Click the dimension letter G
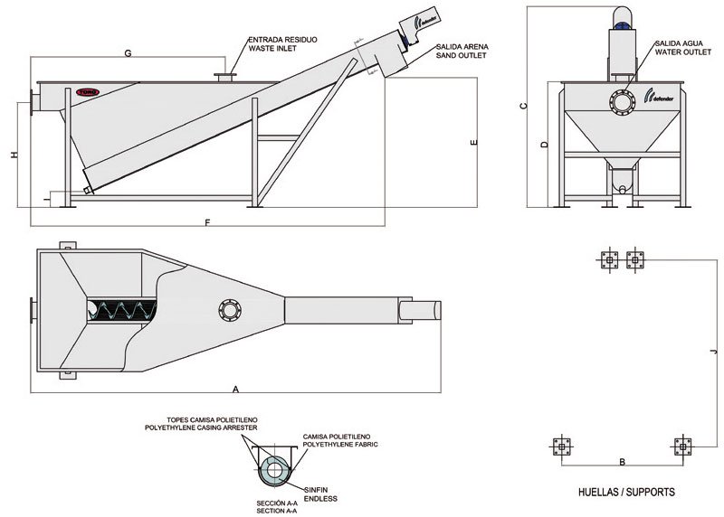pyautogui.click(x=129, y=54)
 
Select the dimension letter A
pyautogui.click(x=235, y=389)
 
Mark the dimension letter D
pyautogui.click(x=544, y=145)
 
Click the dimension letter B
pyautogui.click(x=622, y=462)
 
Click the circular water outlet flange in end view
pyautogui.click(x=622, y=103)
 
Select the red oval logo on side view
pyautogui.click(x=88, y=91)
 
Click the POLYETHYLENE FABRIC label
pyautogui.click(x=339, y=446)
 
